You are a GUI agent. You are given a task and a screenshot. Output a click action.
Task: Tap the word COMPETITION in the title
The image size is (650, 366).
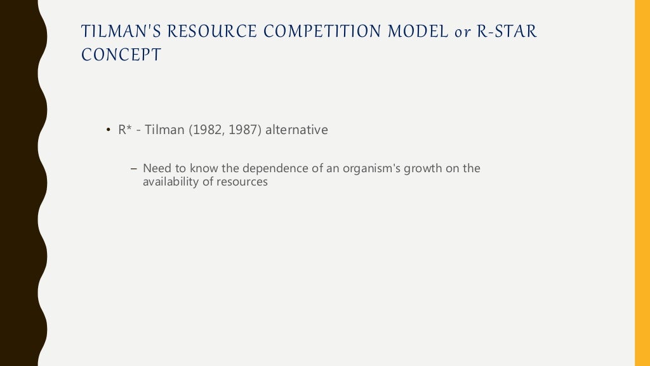click(310, 32)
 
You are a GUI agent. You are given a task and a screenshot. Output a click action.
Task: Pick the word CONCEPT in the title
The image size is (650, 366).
click(121, 55)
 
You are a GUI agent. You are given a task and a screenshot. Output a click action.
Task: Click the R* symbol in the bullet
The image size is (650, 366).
click(124, 130)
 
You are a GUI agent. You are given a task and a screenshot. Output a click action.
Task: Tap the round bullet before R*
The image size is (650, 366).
click(108, 131)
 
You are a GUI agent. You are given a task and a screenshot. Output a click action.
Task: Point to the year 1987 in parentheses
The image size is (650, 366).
click(240, 130)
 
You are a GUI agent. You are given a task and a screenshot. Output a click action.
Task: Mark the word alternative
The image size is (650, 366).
click(296, 130)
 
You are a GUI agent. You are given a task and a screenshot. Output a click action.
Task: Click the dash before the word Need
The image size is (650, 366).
click(133, 169)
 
